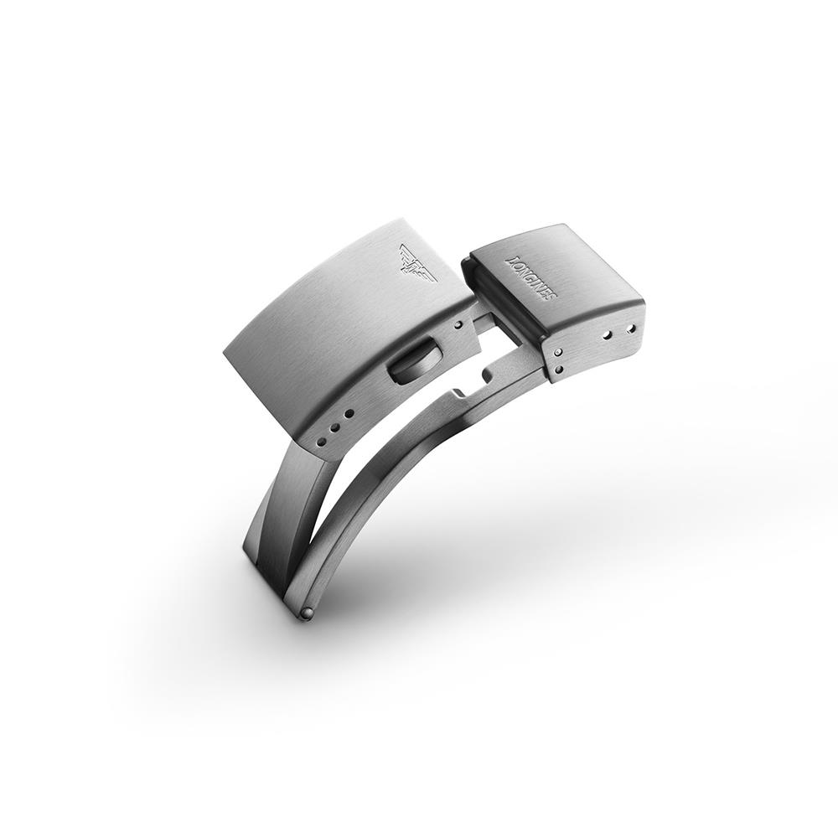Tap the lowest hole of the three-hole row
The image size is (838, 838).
tap(320, 438)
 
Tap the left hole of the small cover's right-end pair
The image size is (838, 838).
tap(607, 335)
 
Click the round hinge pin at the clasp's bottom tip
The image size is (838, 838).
tap(308, 615)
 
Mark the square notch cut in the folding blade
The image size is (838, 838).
tap(459, 394)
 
